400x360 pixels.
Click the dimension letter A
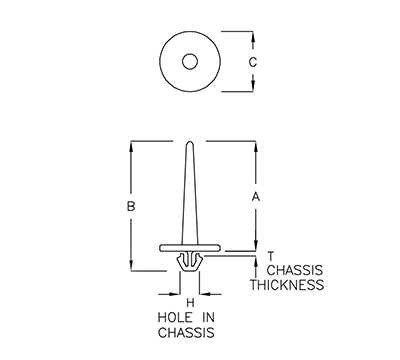point(255,197)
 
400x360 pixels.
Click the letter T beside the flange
point(270,257)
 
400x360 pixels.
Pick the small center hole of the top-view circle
point(188,62)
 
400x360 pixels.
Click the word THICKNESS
point(286,285)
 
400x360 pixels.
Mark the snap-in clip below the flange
point(188,261)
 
